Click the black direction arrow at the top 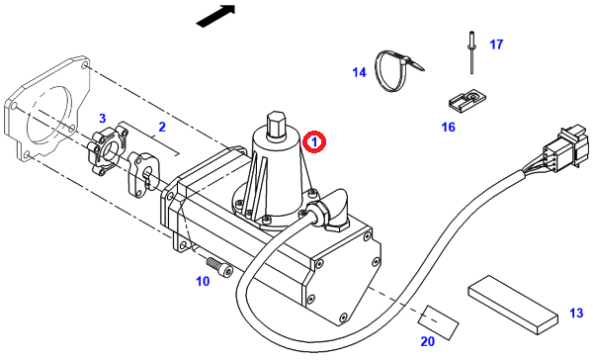coord(216,16)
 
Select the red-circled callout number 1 coord(314,142)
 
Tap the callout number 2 coord(162,127)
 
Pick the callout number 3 coord(102,118)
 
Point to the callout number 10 coord(203,281)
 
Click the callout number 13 coord(576,314)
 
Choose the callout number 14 coord(360,72)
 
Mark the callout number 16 coord(448,127)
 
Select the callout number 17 coord(496,45)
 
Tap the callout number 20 coord(428,341)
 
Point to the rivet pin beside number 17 coord(472,52)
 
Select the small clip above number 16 coord(466,100)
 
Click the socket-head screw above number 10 coord(219,265)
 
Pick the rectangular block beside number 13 coord(513,306)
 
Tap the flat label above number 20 coord(438,322)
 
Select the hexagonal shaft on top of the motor coord(277,125)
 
